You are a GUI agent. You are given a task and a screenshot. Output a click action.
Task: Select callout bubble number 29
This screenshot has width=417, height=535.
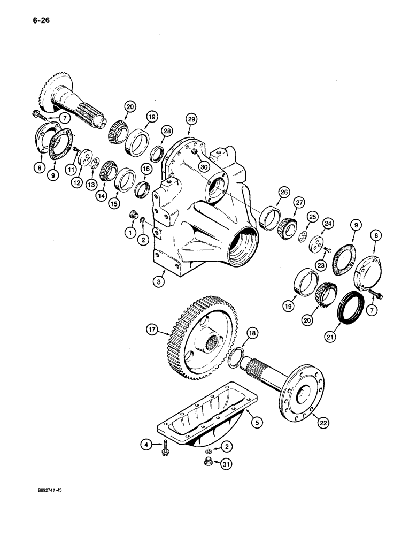191,119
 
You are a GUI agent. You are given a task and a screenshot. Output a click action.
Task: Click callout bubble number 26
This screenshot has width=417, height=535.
283,192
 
